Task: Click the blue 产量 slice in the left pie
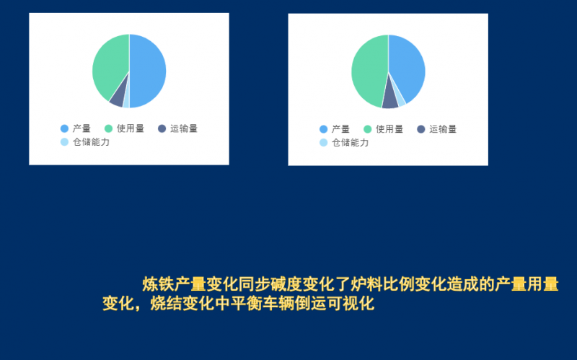(148, 71)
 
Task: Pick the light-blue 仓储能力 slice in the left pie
(126, 102)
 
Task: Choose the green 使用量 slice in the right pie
(368, 72)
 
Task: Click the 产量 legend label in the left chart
(81, 128)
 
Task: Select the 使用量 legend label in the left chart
(131, 128)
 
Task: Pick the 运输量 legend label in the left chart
(184, 128)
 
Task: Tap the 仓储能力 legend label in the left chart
(91, 142)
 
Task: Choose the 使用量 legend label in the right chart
(389, 129)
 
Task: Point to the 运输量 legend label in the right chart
(443, 129)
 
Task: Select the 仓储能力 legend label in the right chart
(350, 143)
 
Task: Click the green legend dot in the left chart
(109, 128)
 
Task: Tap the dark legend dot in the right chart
(421, 129)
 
